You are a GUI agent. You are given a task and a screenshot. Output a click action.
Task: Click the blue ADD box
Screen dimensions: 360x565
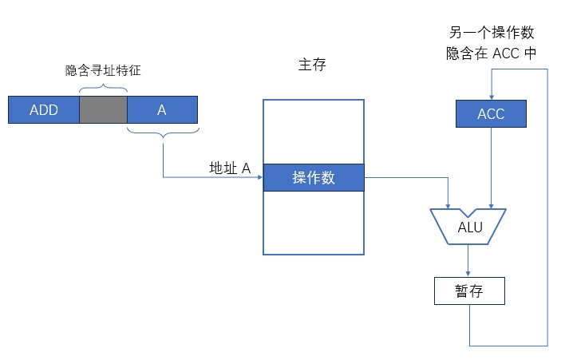[44, 109]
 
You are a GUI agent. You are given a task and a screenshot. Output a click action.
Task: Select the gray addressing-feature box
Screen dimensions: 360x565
[103, 109]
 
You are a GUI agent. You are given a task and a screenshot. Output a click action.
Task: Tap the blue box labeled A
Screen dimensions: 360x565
[162, 109]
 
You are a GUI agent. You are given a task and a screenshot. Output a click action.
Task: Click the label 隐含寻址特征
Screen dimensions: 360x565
[103, 70]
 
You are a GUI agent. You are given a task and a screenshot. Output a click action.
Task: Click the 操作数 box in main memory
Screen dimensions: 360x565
[313, 178]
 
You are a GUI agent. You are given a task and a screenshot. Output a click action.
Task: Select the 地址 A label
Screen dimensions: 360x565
[230, 168]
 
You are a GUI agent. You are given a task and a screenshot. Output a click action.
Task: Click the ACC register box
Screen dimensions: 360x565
[491, 113]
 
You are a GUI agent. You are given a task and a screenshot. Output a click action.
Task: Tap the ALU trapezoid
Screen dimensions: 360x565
[469, 227]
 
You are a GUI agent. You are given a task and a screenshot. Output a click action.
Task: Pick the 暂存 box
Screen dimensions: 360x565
[469, 291]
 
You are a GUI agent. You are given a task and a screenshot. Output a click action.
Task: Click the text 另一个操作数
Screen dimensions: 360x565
[491, 34]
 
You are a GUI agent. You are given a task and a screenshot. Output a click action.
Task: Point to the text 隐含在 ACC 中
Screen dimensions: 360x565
[491, 53]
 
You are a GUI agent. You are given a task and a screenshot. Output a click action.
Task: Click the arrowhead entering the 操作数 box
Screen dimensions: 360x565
[259, 178]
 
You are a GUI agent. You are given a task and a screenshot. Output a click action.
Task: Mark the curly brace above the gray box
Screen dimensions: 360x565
[103, 86]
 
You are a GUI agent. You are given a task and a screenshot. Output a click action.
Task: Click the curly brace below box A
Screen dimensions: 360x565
[163, 135]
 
